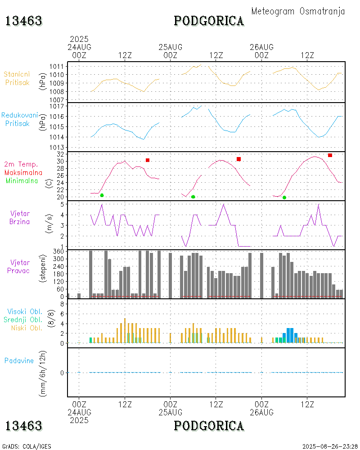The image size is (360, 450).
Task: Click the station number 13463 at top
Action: [23, 21]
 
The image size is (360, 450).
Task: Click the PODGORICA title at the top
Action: [209, 21]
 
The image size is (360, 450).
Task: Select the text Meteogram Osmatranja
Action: [298, 11]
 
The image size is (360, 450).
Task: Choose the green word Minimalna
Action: [22, 180]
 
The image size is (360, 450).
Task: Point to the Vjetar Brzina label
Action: [20, 217]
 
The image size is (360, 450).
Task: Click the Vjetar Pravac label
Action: [20, 266]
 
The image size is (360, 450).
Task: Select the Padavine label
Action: [19, 360]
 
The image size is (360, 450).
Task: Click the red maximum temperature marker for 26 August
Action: [330, 155]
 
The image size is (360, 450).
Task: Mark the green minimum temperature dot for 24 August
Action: [102, 195]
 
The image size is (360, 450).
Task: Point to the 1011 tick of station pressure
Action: [57, 67]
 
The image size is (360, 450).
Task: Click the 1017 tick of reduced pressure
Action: [57, 107]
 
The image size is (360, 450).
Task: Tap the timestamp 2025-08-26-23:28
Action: [330, 446]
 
